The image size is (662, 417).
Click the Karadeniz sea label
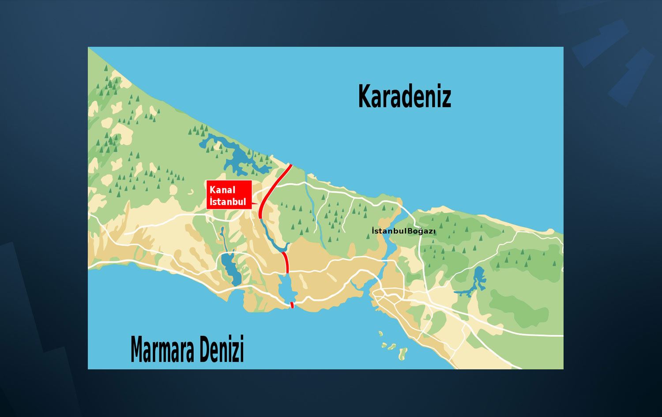(404, 96)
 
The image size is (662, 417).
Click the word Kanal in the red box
(222, 190)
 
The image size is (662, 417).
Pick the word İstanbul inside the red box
(228, 202)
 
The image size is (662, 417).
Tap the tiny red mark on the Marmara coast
(292, 305)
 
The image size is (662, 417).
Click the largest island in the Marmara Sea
(402, 353)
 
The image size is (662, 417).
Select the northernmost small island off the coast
(380, 333)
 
